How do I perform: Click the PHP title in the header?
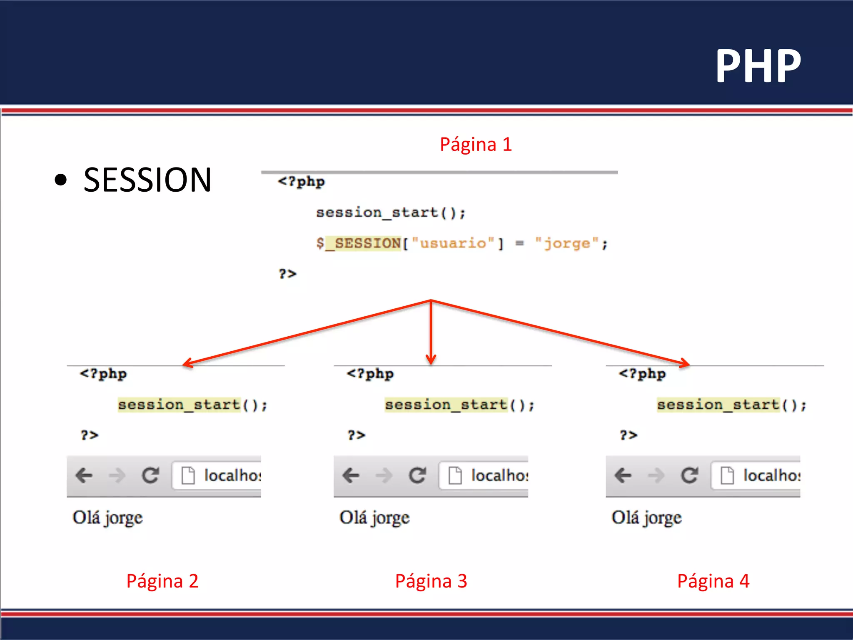[758, 66]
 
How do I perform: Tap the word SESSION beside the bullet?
[147, 180]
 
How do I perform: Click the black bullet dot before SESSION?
[61, 180]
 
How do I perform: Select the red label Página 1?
[476, 145]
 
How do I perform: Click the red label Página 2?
[162, 581]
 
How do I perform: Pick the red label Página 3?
[431, 581]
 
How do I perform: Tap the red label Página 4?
[713, 581]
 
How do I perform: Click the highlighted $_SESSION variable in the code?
[363, 243]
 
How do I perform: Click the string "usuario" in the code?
[453, 243]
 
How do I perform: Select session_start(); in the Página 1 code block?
[390, 213]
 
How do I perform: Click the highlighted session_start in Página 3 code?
[446, 405]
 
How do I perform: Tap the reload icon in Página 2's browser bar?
[150, 475]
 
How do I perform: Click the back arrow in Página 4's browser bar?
[623, 475]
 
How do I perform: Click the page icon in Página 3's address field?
[455, 475]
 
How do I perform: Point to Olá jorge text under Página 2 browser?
[107, 518]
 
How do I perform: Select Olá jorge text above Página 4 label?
[646, 518]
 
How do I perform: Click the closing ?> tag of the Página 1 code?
[287, 274]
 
